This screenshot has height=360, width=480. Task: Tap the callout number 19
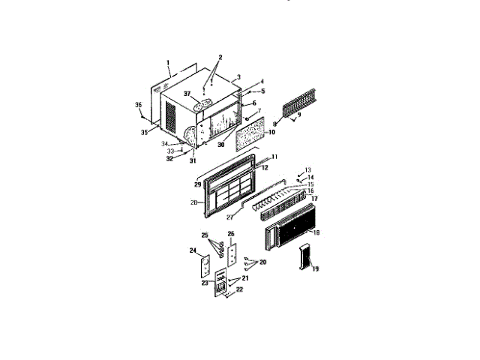tap(315, 269)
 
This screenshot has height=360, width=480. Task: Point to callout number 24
tap(192, 250)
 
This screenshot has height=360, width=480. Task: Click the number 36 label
tap(138, 105)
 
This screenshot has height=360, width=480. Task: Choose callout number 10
tap(271, 132)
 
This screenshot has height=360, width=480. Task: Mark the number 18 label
tap(316, 234)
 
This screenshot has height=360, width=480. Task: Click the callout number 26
tap(231, 233)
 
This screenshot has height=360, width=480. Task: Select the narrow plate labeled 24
tap(202, 267)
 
